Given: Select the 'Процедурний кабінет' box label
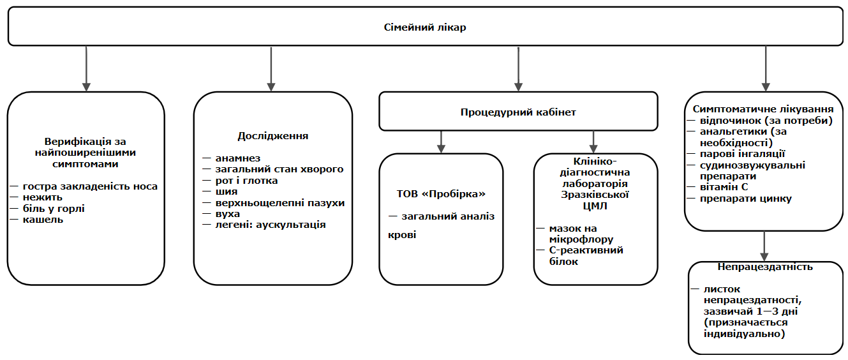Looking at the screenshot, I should coord(518,112).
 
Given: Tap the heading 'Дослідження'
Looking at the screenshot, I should coord(272,136).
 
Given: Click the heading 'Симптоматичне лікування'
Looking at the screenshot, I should coord(764,109).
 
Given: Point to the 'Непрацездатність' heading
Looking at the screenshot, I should coord(764,267).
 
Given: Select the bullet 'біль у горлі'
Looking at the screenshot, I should coord(54,209).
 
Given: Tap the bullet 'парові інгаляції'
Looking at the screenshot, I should coord(734,154).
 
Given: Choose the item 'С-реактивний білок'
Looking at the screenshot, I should coord(586,255).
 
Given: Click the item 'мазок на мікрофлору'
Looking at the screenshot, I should coord(581,234).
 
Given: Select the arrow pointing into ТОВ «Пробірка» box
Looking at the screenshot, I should coord(441,142).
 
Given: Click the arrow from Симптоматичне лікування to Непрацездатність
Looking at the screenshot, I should coord(764,246).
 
